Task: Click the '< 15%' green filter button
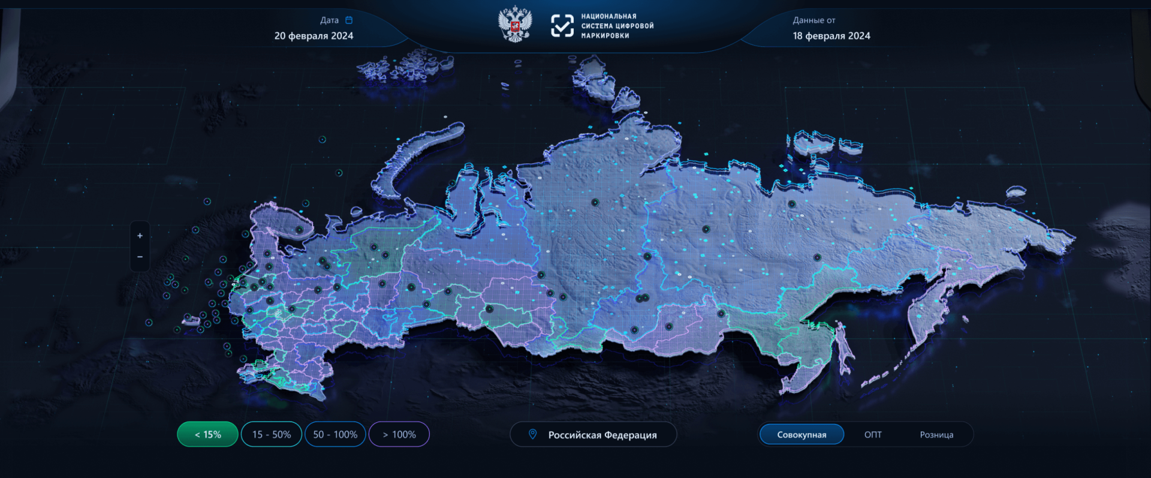coord(207,434)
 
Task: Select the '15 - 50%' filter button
coord(271,434)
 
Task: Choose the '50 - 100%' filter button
coord(335,434)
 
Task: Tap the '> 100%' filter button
coord(399,434)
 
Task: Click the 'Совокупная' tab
coord(802,434)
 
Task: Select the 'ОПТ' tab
coord(873,434)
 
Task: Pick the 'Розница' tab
coord(936,434)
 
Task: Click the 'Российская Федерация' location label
coord(602,435)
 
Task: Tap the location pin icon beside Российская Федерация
coord(532,434)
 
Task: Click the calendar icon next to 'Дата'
coord(349,20)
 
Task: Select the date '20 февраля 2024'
coord(314,36)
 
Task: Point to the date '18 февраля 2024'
coord(831,36)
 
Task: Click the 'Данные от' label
coord(813,20)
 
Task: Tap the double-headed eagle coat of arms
coord(515,25)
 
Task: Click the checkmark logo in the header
coord(562,26)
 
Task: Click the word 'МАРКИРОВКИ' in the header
coord(605,36)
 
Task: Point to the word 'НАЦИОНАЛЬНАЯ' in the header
coord(608,16)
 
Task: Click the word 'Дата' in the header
coord(329,20)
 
